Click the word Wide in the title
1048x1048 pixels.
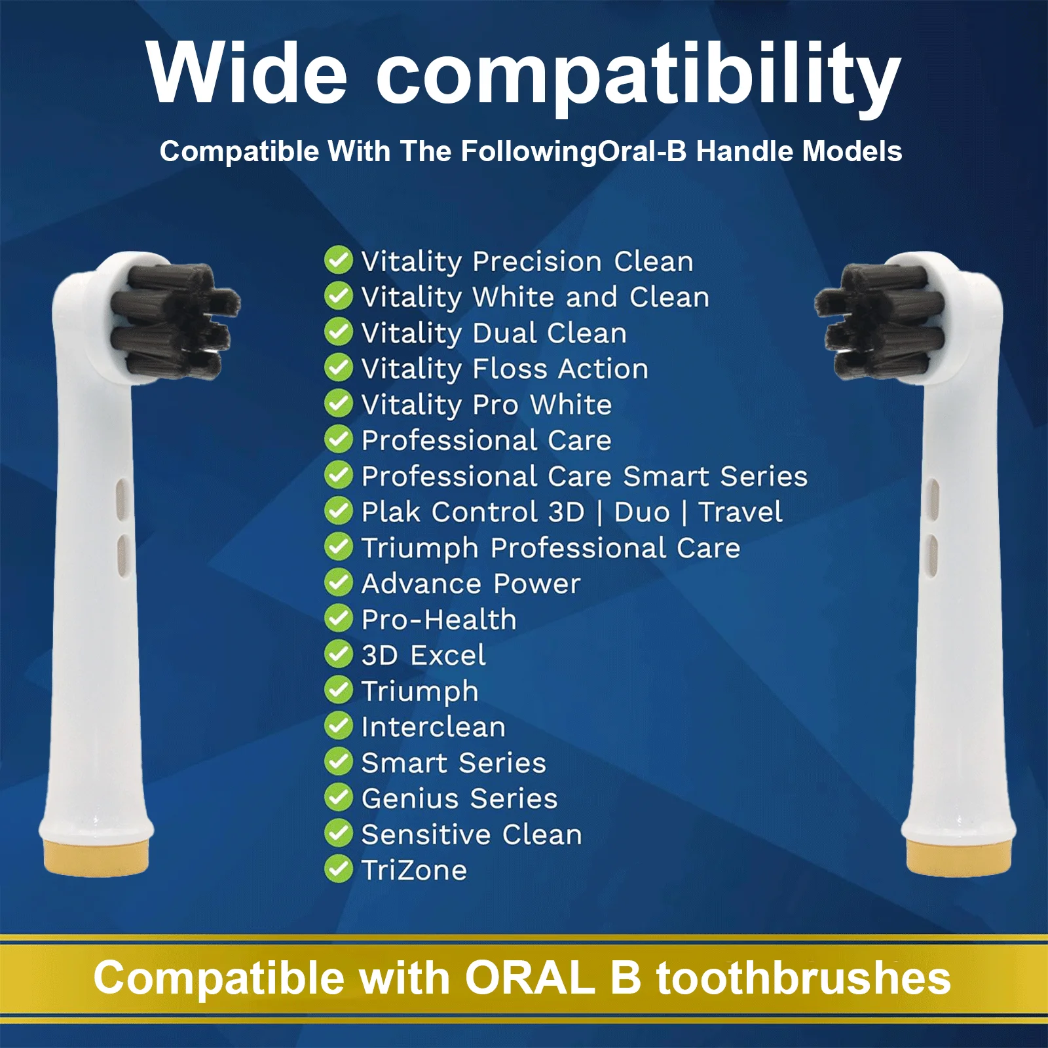pyautogui.click(x=246, y=73)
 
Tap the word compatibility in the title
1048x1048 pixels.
pyautogui.click(x=639, y=77)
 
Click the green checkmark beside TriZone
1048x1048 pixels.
pyautogui.click(x=339, y=869)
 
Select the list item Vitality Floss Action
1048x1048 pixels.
pyautogui.click(x=504, y=369)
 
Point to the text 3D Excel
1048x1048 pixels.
pyautogui.click(x=423, y=655)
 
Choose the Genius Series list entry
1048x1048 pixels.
pyautogui.click(x=459, y=798)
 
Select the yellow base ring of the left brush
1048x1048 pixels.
pyautogui.click(x=96, y=855)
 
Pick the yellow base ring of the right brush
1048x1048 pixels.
pyautogui.click(x=959, y=855)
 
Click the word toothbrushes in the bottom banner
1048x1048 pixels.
pyautogui.click(x=804, y=978)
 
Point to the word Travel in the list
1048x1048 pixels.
pyautogui.click(x=740, y=512)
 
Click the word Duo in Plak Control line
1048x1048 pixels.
pyautogui.click(x=642, y=512)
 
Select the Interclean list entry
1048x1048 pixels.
pyautogui.click(x=433, y=727)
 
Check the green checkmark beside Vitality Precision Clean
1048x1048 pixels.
pyautogui.click(x=339, y=261)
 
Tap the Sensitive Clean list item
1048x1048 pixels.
pyautogui.click(x=472, y=834)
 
